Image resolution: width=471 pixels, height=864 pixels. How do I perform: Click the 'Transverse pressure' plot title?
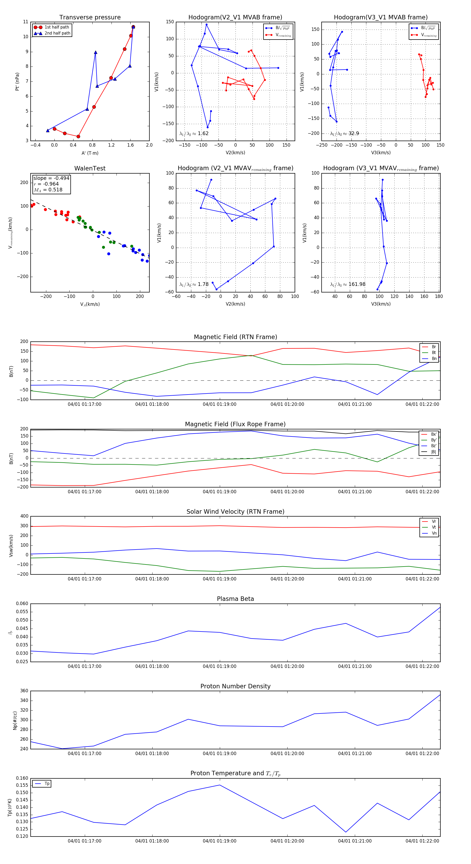90,18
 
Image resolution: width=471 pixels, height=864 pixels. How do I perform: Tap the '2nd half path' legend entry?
57,33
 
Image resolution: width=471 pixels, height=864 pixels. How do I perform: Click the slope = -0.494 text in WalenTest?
51,178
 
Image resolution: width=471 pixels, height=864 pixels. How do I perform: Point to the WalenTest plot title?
90,168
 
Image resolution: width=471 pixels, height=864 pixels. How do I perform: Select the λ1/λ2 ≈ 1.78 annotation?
194,284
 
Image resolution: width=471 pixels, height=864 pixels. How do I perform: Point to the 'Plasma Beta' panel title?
235,599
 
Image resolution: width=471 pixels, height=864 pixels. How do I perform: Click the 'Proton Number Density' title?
235,686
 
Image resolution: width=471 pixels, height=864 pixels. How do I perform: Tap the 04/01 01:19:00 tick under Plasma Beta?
220,666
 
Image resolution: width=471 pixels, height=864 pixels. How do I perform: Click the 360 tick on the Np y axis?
24,691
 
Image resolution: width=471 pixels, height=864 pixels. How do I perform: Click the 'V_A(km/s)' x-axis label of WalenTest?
90,304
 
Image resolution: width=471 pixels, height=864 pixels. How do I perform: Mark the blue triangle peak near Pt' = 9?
96,52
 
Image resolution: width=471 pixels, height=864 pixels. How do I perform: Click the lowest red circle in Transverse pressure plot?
78,136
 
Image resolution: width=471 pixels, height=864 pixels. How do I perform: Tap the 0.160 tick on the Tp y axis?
22,778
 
